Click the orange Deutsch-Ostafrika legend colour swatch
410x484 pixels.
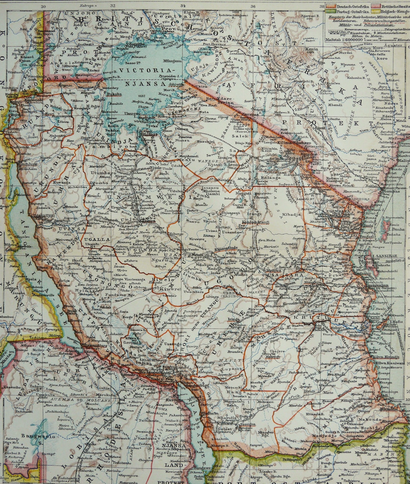pos(330,6)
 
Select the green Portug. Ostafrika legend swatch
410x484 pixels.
pos(330,12)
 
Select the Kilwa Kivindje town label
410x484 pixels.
pos(382,357)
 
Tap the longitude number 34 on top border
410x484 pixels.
pos(183,6)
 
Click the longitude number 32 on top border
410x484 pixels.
pos(113,6)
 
